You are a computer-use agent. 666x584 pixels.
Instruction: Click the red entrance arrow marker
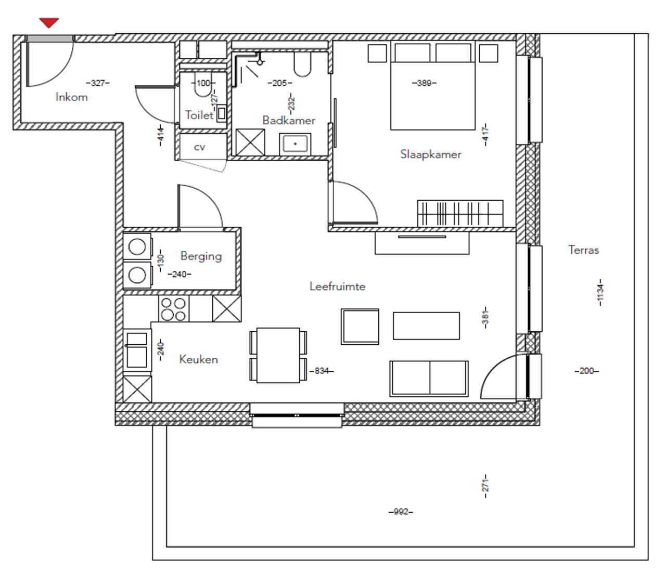coord(49,23)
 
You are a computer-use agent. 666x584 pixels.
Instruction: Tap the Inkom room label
coord(72,97)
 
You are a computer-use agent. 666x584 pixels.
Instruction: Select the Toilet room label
coord(199,115)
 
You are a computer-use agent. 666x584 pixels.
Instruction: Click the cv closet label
coord(199,147)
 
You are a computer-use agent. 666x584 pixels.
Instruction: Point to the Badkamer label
coord(289,120)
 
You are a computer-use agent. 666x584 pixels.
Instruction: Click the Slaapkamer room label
coord(431,154)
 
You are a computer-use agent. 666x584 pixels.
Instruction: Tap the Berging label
coord(201,256)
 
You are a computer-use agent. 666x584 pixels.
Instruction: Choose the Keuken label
coord(198,359)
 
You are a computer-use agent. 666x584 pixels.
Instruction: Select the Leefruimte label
coord(337,286)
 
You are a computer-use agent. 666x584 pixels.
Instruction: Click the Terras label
coord(583,250)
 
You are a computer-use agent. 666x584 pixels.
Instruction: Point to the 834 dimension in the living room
coord(322,371)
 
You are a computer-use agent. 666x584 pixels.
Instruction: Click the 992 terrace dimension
coord(401,512)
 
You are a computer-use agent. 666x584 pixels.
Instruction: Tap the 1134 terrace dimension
coord(600,292)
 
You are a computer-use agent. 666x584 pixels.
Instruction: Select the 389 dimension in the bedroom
coord(424,83)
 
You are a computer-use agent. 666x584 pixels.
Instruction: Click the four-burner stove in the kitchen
coord(174,308)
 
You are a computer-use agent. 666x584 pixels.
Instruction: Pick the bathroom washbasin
coord(295,144)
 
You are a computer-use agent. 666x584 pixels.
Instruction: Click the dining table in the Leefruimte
coord(278,355)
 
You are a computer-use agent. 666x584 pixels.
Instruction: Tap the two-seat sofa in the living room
coord(429,378)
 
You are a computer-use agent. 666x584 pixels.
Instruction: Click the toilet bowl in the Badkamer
coord(302,64)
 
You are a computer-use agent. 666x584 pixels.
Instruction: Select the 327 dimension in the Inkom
coord(98,83)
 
